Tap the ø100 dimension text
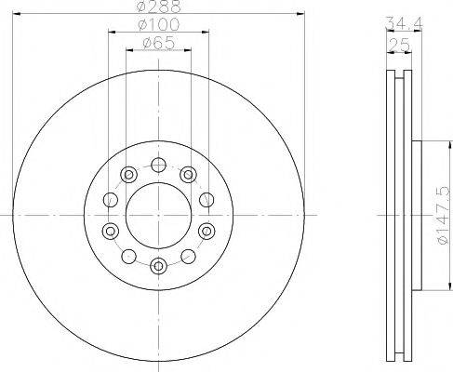(158, 25)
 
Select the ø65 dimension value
(158, 44)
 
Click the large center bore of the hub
(158, 215)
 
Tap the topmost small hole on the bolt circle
(158, 166)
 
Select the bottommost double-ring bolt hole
(158, 265)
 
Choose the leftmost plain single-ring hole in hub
(109, 199)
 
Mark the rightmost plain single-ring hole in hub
(207, 199)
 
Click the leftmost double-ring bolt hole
(111, 231)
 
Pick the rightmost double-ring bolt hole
(205, 231)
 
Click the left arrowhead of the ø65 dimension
(128, 52)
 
